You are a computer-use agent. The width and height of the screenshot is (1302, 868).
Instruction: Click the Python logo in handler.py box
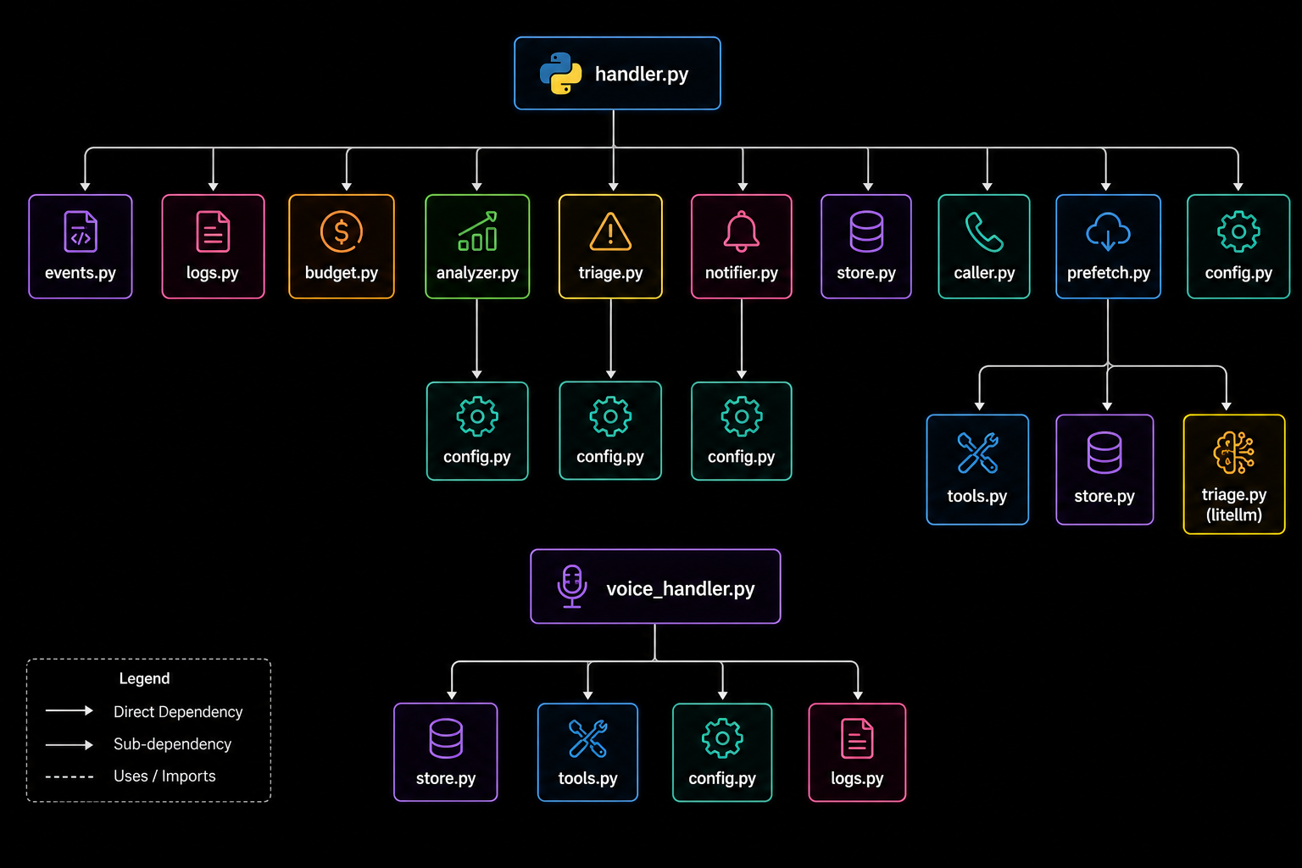point(560,73)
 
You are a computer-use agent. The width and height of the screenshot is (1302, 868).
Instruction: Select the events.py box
point(81,247)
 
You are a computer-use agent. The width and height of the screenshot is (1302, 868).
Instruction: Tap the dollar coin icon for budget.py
point(342,231)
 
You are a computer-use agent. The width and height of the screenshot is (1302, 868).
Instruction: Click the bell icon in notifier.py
point(741,231)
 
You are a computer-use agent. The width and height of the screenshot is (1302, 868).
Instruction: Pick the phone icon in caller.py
point(983,232)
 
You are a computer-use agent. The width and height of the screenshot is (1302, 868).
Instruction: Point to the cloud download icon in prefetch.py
point(1108,231)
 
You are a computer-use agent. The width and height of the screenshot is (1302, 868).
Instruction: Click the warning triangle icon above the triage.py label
point(610,231)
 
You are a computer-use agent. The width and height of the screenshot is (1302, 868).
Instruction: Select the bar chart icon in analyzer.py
point(477,231)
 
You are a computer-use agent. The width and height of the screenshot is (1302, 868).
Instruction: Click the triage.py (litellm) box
point(1234,474)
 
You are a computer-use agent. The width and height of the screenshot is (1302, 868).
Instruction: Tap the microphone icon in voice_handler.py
point(572,586)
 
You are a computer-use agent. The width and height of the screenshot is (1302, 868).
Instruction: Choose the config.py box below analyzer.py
point(477,431)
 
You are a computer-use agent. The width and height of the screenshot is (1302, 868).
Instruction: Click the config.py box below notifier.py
point(741,431)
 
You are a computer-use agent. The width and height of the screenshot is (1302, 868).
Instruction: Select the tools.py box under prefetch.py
point(977,469)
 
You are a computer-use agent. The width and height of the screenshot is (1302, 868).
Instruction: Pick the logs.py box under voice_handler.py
point(857,753)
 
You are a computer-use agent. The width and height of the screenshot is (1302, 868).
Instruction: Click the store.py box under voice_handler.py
point(445,753)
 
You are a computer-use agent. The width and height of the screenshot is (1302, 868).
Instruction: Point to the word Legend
point(144,678)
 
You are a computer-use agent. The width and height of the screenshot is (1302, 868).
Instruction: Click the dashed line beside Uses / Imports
point(70,776)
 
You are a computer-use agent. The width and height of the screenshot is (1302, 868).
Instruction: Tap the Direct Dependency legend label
point(178,712)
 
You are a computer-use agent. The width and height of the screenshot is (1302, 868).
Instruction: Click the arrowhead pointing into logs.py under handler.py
point(214,186)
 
